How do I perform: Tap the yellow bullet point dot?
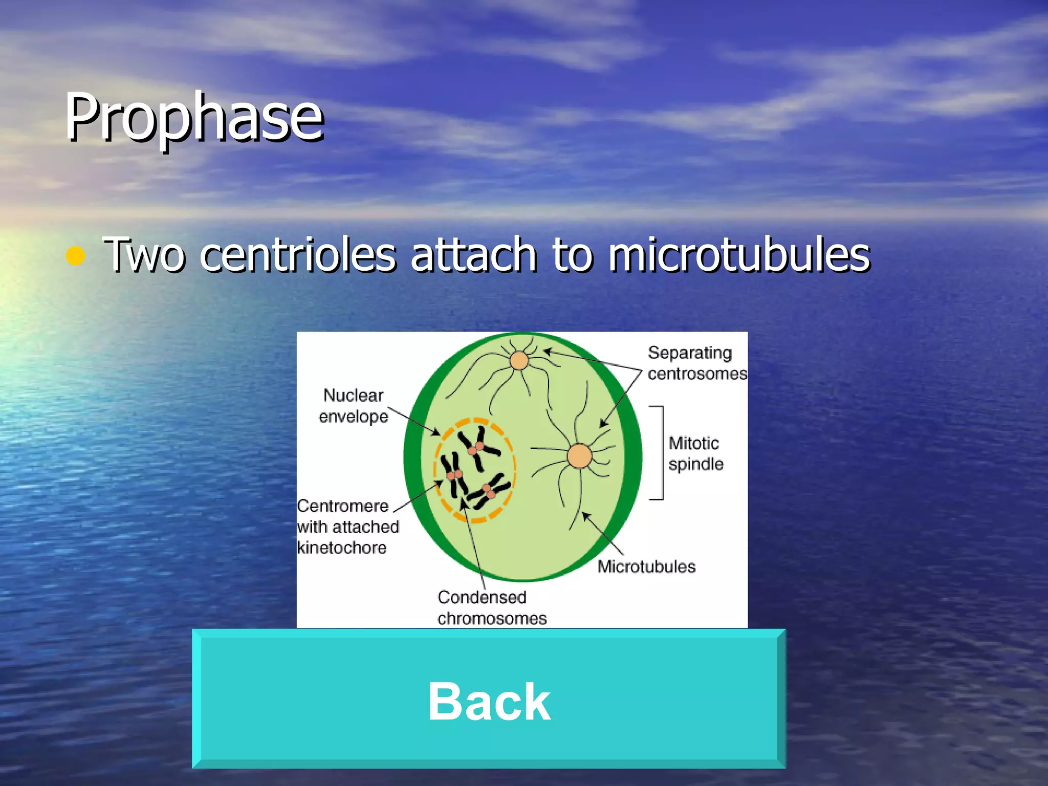coord(75,255)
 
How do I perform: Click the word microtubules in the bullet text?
coord(739,254)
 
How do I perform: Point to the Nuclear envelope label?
coord(353,406)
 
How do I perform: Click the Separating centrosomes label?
coord(696,363)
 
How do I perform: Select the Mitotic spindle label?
coord(695,453)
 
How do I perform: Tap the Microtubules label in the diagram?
coord(646,566)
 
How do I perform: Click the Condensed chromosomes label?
coord(491,607)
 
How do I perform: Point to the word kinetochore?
coord(342,548)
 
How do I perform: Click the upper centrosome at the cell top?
coord(519,360)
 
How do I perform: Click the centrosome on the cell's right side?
coord(579,456)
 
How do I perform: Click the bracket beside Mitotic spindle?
coord(661,452)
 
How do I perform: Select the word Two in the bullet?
coord(144,254)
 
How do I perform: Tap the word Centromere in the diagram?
coord(343,506)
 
